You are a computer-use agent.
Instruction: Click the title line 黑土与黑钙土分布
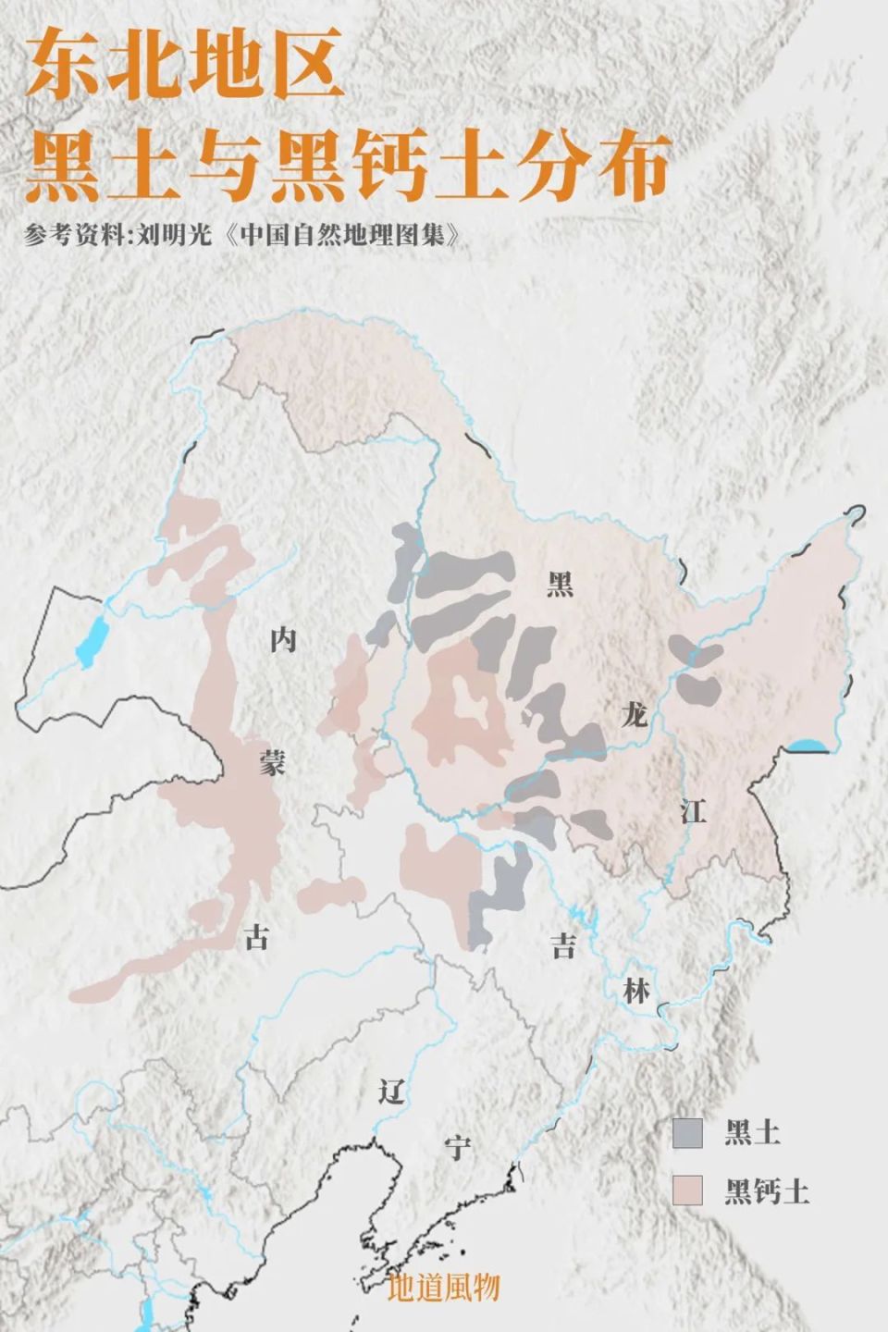click(x=347, y=166)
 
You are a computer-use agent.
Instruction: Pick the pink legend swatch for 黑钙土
click(x=687, y=1190)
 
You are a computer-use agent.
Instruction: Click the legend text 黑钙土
click(x=767, y=1190)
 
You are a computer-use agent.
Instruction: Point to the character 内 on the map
click(x=283, y=639)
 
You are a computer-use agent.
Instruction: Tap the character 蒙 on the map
click(x=273, y=763)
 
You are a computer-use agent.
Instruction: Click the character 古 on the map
click(x=256, y=938)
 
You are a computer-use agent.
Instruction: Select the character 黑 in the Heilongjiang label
click(x=560, y=584)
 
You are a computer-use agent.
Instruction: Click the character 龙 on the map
click(x=634, y=713)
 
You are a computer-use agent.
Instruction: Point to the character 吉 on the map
click(x=563, y=945)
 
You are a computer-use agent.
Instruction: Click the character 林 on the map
click(x=635, y=991)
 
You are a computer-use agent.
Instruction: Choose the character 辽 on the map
click(x=392, y=1091)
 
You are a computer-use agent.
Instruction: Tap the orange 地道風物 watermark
click(x=444, y=1288)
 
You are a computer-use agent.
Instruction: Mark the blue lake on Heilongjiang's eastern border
click(x=808, y=746)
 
